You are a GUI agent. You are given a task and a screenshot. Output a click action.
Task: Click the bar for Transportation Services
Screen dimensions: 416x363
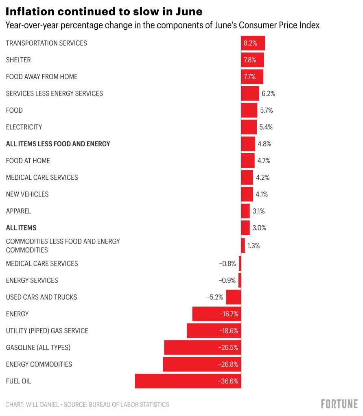[x=253, y=43]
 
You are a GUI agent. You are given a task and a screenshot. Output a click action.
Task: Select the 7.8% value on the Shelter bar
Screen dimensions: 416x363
[x=250, y=60]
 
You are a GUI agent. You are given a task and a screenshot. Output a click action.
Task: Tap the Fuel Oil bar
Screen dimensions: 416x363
[x=188, y=381]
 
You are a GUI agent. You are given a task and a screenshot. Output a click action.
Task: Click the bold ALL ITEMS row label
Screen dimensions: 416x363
[x=21, y=228]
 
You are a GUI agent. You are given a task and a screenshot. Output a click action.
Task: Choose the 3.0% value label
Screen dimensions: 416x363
[x=259, y=228]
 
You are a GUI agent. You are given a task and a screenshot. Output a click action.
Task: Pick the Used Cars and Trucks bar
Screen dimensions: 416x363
[x=233, y=297]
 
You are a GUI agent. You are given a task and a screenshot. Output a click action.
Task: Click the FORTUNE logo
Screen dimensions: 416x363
[x=339, y=404]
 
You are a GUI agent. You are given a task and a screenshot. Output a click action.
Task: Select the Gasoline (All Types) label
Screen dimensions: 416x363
[x=38, y=348]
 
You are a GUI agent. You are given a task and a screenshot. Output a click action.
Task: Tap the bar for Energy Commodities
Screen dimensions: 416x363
[x=202, y=364]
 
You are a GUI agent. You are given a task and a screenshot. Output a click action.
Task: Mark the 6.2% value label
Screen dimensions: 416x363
[x=268, y=94]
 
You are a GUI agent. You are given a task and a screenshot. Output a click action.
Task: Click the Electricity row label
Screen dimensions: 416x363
[x=24, y=127]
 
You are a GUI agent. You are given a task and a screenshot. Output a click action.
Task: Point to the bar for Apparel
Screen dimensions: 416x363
[x=245, y=211]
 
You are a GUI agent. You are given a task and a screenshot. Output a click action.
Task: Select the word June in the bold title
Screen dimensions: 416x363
[x=189, y=10]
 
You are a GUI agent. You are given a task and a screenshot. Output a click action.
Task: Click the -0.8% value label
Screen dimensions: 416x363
[x=227, y=264]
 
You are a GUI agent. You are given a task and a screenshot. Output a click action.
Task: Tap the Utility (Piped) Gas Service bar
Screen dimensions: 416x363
[x=214, y=331]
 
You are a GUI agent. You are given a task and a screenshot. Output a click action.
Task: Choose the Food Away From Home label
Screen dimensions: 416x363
[x=42, y=77]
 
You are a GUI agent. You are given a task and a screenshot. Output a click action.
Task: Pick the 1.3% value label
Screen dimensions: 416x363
[x=253, y=246]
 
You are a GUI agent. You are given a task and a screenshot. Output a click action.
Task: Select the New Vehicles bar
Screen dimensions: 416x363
[x=247, y=194]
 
